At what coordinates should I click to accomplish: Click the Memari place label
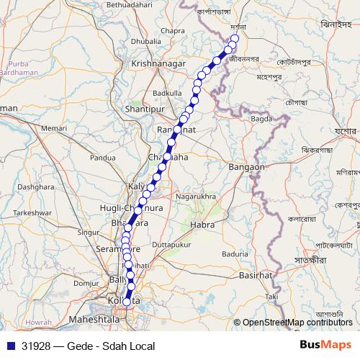(54, 128)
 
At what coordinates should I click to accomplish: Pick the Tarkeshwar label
(34, 213)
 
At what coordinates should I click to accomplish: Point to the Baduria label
(235, 253)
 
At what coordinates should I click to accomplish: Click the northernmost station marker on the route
(234, 39)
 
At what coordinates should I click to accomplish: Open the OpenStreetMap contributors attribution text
(297, 322)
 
